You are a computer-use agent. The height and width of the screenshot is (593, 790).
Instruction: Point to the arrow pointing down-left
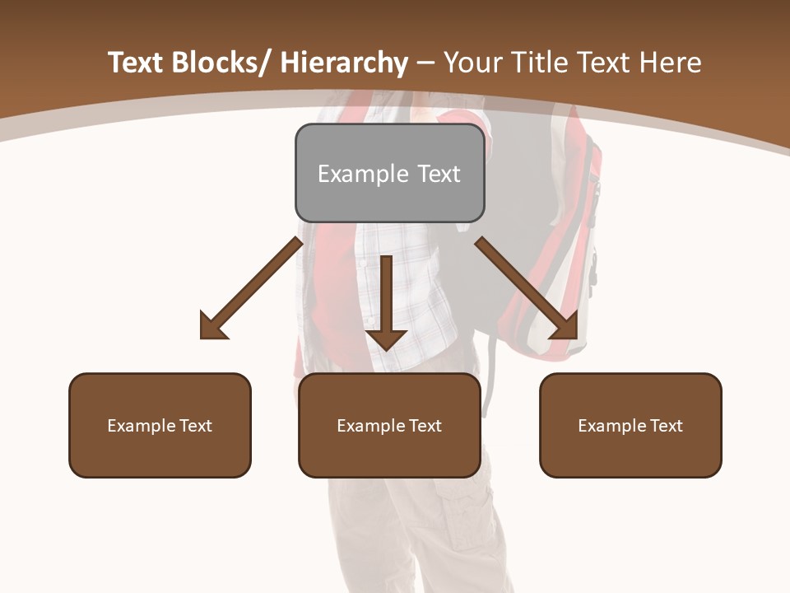click(x=251, y=288)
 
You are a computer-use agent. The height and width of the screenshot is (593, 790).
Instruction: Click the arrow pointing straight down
click(x=387, y=301)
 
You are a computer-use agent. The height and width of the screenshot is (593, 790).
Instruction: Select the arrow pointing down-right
click(x=527, y=288)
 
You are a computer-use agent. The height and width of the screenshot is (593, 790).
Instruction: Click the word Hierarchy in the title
click(x=344, y=63)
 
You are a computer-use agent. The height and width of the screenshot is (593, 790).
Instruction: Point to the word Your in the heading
click(x=473, y=63)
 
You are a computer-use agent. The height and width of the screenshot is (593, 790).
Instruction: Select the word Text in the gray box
click(x=439, y=174)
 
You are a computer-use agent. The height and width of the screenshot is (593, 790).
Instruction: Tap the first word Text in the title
click(x=137, y=63)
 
